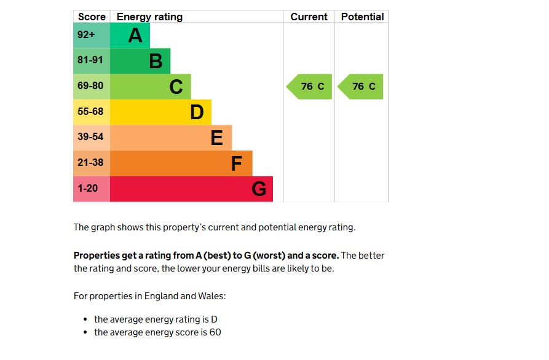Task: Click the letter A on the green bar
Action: click(x=135, y=36)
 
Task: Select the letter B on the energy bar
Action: click(x=156, y=61)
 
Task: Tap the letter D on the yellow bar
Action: click(x=197, y=112)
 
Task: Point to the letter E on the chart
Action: click(x=216, y=138)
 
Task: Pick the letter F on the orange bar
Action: click(x=236, y=164)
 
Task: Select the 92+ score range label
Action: click(x=86, y=35)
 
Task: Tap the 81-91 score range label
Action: click(x=90, y=60)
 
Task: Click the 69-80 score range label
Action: click(x=90, y=86)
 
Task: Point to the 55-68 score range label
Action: click(x=90, y=112)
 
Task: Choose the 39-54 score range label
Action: click(x=90, y=137)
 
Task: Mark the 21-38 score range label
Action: click(x=90, y=163)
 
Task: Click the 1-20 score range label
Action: click(x=87, y=189)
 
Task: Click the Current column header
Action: click(x=309, y=17)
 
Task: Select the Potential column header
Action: click(x=362, y=17)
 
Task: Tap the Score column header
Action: click(x=92, y=17)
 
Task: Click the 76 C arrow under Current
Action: click(x=310, y=87)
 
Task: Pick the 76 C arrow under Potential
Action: click(x=361, y=87)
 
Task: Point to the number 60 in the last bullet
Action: click(x=215, y=333)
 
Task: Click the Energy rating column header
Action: click(x=149, y=17)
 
